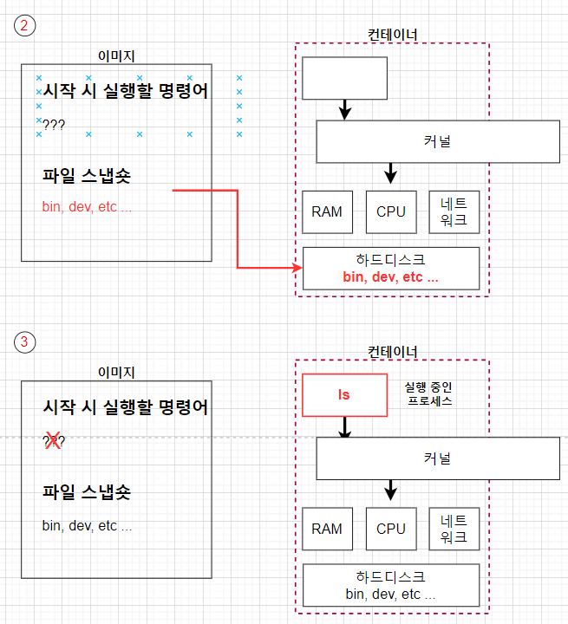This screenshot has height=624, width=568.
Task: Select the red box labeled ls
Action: coord(344,395)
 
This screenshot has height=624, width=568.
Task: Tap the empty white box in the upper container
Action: coord(344,79)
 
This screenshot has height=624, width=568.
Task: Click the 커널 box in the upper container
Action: coord(437,141)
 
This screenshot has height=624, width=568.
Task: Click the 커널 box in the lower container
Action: coord(437,458)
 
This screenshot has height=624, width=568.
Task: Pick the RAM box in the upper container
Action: coord(327,212)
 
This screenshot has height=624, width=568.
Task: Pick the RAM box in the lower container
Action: coord(327,529)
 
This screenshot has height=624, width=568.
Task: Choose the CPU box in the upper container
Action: coord(391,212)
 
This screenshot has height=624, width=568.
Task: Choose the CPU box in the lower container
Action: coord(391,529)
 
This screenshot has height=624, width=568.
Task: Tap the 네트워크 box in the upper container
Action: coord(454,212)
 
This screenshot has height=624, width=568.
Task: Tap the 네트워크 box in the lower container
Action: coord(454,529)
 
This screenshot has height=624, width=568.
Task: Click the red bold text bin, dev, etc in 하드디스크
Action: coord(390,277)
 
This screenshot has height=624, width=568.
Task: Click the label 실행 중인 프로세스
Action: coord(428,394)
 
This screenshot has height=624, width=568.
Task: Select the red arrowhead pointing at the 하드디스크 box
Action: coord(297,269)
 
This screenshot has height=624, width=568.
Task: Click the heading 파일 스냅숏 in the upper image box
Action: coord(87,176)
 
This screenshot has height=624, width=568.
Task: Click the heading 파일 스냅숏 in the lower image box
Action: coord(87,492)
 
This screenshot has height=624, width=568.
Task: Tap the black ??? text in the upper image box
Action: coord(54,125)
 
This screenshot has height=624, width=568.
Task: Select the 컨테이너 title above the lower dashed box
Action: coord(392,351)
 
